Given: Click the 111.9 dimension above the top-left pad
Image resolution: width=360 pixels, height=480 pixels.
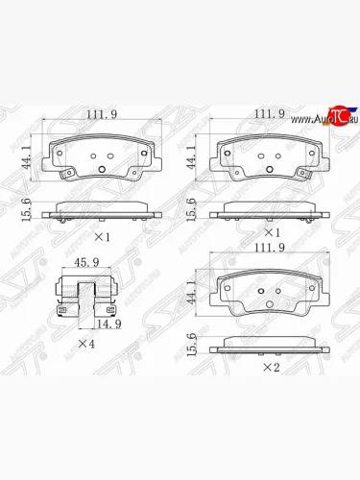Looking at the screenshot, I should pos(100,115).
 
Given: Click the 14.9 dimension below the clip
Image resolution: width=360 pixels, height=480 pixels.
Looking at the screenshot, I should pos(93,324).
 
